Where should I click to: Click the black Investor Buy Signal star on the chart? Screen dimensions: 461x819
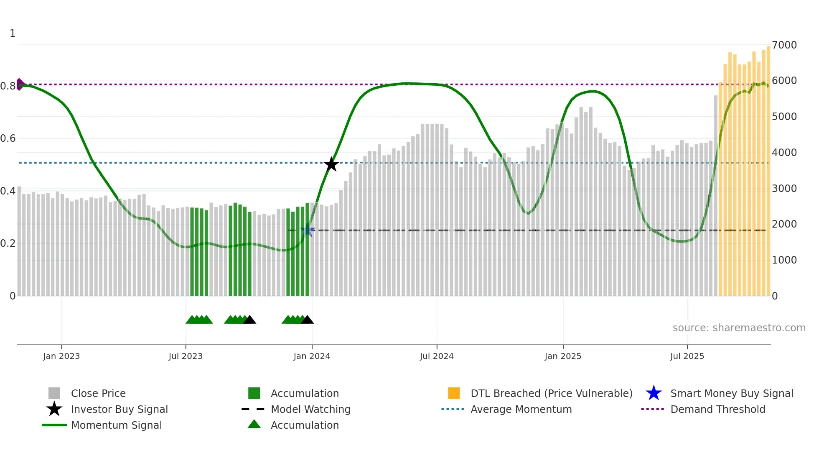click(331, 164)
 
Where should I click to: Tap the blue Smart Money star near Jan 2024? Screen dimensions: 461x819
click(307, 230)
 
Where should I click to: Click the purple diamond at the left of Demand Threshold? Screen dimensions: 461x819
click(20, 84)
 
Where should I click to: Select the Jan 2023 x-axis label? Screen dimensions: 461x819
click(61, 356)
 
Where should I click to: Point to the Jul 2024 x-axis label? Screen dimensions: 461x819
click(437, 356)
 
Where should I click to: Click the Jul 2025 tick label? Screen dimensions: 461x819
click(687, 356)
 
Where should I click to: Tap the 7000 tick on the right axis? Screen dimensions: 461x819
click(784, 45)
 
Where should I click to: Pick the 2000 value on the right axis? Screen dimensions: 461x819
click(784, 224)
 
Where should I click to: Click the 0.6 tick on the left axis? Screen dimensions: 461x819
click(8, 138)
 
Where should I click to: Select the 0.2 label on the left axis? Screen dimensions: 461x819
click(8, 243)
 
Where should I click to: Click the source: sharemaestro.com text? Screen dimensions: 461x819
click(739, 328)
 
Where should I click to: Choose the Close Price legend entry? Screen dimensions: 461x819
click(98, 393)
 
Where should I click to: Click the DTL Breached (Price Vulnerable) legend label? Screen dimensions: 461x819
click(551, 393)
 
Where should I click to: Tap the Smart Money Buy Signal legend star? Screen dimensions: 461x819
click(654, 393)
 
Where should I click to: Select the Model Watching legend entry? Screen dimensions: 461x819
click(310, 409)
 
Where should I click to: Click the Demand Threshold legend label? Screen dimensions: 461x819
click(717, 409)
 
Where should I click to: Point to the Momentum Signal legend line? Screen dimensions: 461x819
click(54, 425)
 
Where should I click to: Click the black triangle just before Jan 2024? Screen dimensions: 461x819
click(307, 320)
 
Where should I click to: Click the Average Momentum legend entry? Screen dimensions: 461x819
click(521, 409)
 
